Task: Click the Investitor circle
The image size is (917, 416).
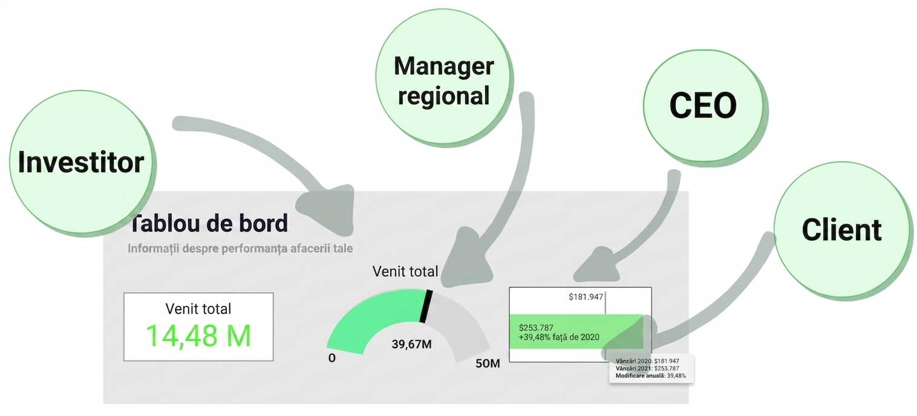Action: click(82, 163)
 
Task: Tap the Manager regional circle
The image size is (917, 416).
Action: click(443, 76)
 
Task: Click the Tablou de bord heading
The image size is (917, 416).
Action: click(209, 224)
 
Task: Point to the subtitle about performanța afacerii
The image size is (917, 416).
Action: click(240, 249)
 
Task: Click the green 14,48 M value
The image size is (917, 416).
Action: click(198, 336)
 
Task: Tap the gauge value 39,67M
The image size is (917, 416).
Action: click(411, 345)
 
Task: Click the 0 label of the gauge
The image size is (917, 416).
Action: click(332, 358)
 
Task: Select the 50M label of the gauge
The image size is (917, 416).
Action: click(488, 363)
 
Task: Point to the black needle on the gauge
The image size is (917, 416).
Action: click(426, 307)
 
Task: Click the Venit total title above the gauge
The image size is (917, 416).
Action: click(405, 271)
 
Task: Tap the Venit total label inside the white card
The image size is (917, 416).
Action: click(198, 309)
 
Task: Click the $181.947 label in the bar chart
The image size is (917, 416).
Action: click(586, 297)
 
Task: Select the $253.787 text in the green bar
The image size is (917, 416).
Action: click(536, 328)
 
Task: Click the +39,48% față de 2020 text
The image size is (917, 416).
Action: click(559, 337)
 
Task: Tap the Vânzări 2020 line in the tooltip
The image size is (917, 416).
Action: click(647, 361)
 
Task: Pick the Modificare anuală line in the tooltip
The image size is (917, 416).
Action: click(650, 375)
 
